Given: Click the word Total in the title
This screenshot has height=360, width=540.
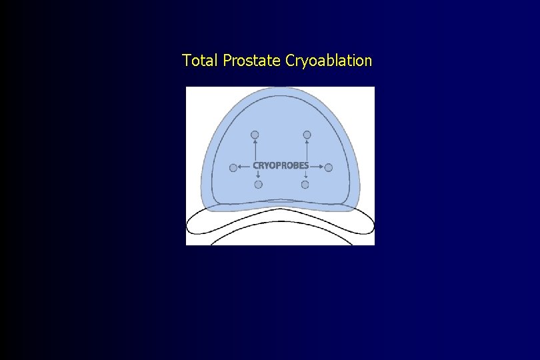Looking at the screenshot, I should coord(201,61).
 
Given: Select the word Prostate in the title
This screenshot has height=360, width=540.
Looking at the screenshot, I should coord(252,61).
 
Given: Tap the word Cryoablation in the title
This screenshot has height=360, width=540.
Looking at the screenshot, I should coord(328,61).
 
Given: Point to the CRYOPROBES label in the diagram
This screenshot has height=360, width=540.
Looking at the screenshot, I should coord(281,165).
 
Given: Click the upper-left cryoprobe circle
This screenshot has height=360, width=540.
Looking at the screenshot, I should coord(255,135).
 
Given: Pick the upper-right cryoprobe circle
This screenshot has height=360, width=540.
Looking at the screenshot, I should coord(307,135).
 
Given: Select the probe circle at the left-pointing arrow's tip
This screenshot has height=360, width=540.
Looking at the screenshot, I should coord(233,168).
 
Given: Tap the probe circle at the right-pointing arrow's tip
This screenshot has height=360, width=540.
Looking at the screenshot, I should coord(328,168).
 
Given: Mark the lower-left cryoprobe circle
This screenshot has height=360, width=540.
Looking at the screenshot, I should coord(258,185).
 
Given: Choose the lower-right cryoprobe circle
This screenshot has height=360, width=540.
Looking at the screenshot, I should coord(305,185).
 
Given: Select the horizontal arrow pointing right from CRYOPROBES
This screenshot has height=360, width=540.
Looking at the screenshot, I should coord(317,166).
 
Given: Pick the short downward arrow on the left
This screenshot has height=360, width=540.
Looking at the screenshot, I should coord(258,175).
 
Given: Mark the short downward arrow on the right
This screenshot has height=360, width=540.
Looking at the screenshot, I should coord(305,175).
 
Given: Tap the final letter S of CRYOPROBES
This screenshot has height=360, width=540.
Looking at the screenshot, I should coord(306,165).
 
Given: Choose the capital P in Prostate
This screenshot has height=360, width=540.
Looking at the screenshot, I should coord(227,61).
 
